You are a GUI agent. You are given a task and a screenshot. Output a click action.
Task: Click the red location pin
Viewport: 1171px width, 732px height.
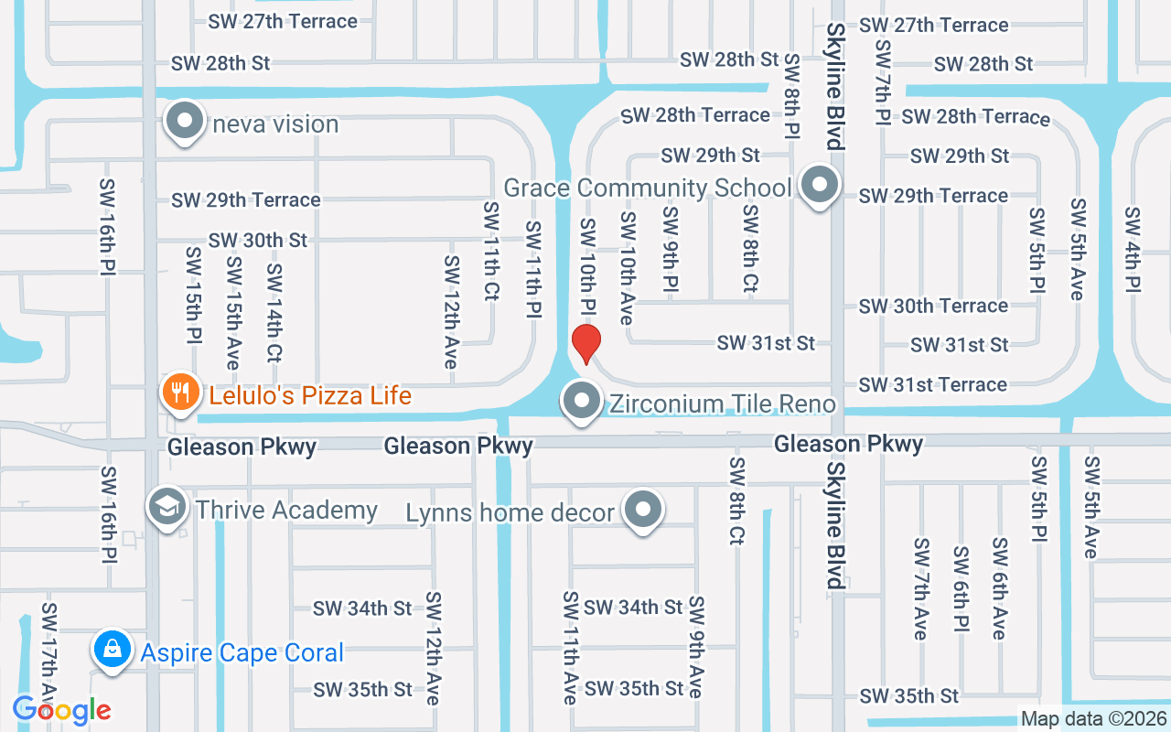click(x=585, y=344)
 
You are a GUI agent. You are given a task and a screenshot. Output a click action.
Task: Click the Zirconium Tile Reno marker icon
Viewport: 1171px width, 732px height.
click(x=581, y=401)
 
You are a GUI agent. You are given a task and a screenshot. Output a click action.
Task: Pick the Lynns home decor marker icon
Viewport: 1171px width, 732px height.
click(x=643, y=510)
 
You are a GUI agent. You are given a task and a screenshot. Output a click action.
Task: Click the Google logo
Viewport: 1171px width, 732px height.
click(x=61, y=709)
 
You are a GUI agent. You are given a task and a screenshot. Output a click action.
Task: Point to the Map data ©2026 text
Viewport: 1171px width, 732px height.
click(x=1094, y=718)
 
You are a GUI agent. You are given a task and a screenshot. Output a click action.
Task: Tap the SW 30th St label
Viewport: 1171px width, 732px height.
click(x=258, y=240)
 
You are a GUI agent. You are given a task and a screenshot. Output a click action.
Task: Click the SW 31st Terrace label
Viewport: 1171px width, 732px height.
click(x=933, y=384)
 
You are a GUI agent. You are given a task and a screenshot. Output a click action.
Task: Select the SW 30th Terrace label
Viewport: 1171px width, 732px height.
click(x=933, y=306)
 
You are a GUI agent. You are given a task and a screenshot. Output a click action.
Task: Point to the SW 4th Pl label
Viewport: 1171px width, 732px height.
click(x=1133, y=249)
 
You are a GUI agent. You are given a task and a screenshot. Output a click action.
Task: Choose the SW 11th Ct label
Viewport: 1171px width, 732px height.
click(x=491, y=252)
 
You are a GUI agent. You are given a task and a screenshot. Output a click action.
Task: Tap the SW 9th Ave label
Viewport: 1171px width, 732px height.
click(x=696, y=647)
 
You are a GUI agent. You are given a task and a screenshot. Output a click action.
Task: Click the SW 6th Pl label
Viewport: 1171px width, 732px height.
click(x=961, y=593)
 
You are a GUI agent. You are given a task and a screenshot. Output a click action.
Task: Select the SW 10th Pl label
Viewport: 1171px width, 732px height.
click(x=587, y=265)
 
